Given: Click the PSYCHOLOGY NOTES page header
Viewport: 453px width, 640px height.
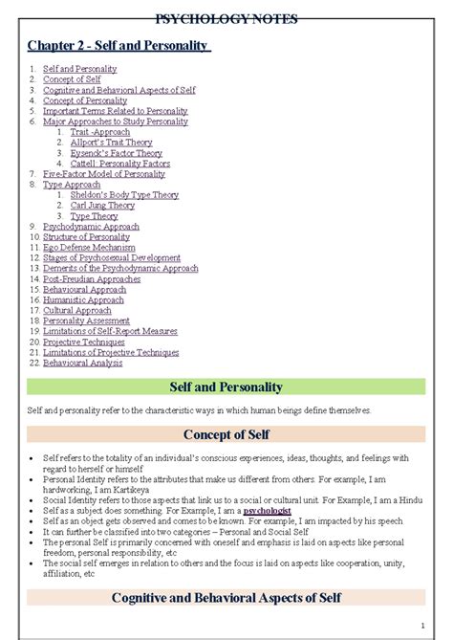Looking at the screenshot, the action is click(226, 19).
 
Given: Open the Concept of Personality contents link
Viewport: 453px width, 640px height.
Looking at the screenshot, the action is click(85, 100).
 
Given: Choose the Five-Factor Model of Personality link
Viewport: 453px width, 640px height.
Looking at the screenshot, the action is click(104, 174).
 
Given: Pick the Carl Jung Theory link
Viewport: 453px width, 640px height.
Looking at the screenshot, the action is click(102, 206).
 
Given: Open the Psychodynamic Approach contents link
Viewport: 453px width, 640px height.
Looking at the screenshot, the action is click(91, 227).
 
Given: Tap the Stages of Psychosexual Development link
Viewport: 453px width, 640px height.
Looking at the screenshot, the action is click(112, 258).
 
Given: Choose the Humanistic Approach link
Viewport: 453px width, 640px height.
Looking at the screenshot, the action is click(83, 300).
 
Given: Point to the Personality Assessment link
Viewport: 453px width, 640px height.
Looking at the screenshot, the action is click(87, 321).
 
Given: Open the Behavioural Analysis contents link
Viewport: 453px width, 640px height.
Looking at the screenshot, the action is click(82, 364).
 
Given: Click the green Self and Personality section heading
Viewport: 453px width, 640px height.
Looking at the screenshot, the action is click(226, 387).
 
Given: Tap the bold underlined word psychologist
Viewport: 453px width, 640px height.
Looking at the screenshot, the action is click(267, 512).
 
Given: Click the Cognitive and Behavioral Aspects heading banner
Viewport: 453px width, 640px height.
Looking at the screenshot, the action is click(226, 598).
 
